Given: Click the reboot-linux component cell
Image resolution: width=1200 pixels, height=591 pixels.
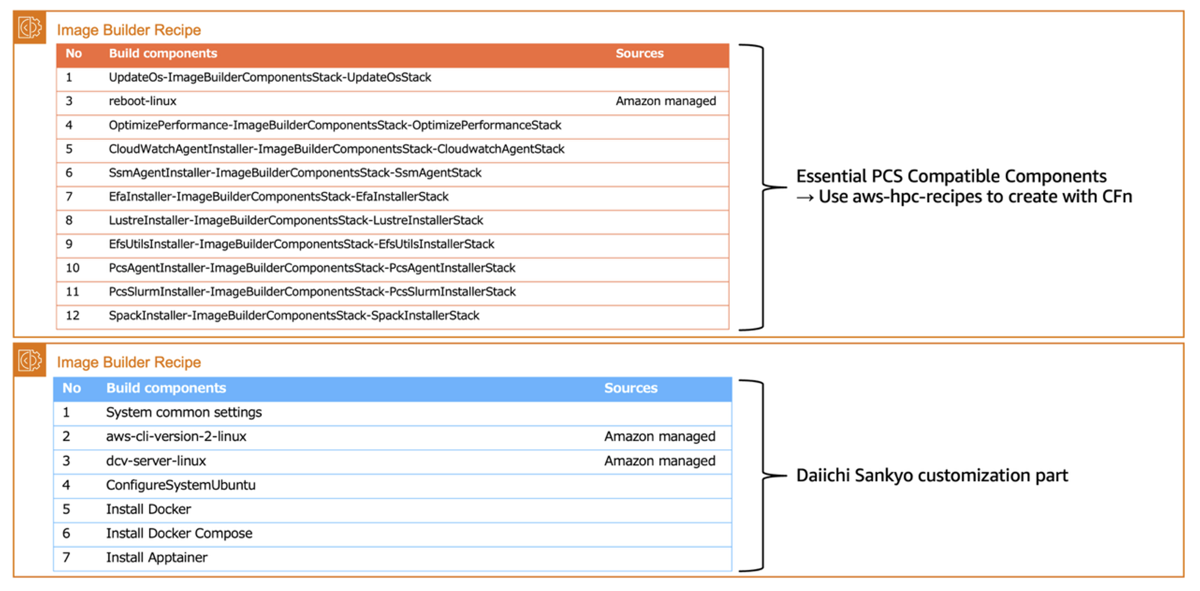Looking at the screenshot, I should [x=142, y=101].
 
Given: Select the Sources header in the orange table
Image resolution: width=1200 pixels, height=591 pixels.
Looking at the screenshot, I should [x=639, y=54].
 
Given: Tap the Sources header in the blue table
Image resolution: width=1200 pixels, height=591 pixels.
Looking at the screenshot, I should [x=630, y=389].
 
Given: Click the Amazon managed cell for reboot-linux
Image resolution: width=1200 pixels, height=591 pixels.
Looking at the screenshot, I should [x=666, y=101].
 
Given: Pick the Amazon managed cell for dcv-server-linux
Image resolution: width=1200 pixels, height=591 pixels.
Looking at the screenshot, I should [x=660, y=461].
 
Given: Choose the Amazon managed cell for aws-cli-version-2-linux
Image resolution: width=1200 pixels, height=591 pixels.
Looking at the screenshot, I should [x=660, y=437].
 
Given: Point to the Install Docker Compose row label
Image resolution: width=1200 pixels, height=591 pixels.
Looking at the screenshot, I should [x=179, y=534].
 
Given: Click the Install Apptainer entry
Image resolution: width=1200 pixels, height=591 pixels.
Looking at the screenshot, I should [x=156, y=558].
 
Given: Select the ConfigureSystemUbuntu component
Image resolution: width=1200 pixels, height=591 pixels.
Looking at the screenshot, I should [x=180, y=485].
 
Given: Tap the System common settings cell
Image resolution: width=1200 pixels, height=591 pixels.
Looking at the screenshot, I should [x=184, y=413].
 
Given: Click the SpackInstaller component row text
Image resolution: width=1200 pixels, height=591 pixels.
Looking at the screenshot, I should [x=294, y=316].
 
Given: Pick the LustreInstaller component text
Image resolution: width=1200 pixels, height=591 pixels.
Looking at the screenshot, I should [x=296, y=221].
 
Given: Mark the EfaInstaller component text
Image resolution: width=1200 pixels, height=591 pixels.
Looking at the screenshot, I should [x=279, y=197].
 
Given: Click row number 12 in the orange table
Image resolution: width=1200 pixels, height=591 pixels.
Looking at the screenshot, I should [x=73, y=316].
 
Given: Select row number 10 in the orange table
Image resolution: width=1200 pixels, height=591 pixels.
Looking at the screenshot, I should [x=73, y=268].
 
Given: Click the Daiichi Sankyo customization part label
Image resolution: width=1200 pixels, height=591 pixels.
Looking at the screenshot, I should [x=932, y=476].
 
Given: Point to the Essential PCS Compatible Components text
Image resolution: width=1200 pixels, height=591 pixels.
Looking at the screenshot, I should [x=951, y=176].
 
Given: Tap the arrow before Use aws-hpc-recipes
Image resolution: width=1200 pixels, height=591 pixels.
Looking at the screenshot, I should [x=805, y=198].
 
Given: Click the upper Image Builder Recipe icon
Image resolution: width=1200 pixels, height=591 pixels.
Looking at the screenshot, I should [x=30, y=28].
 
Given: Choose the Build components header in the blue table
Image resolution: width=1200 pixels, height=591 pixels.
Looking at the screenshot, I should [x=166, y=389].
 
